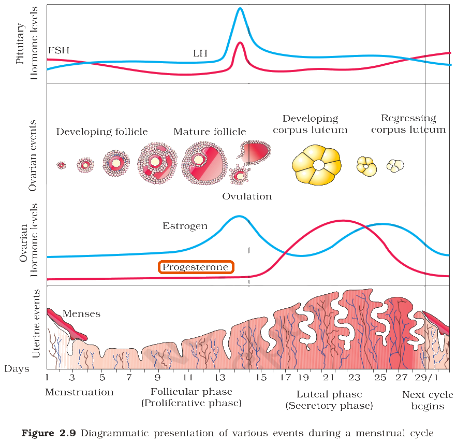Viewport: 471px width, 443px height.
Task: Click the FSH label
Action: pos(59,50)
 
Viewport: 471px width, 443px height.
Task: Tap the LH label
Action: pos(200,53)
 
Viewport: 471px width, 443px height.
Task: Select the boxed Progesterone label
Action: pos(196,267)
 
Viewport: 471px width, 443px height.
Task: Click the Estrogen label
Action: pos(185,226)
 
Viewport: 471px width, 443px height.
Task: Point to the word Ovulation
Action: pos(247,196)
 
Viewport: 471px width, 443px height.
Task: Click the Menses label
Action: pos(81,314)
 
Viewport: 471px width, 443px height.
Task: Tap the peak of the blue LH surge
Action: pos(240,8)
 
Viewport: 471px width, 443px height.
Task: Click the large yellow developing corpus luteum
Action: pos(317,165)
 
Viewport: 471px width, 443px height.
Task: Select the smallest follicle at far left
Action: pos(61,165)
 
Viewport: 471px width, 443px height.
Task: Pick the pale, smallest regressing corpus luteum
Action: pos(395,166)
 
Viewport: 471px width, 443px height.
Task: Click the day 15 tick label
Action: pos(261,377)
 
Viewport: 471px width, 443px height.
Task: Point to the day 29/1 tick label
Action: pos(426,377)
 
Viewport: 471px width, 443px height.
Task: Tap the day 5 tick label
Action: pos(102,377)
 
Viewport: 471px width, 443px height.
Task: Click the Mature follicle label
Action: pos(210,132)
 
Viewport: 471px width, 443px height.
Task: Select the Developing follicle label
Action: pos(102,132)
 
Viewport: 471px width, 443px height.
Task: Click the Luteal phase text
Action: pos(329,394)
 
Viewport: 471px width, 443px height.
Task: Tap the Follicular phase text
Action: pos(192,392)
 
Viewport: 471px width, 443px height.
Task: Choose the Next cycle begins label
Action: pos(428,401)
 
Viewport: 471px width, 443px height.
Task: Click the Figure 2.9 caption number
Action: pos(49,433)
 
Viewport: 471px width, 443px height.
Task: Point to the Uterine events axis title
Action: pos(36,324)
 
